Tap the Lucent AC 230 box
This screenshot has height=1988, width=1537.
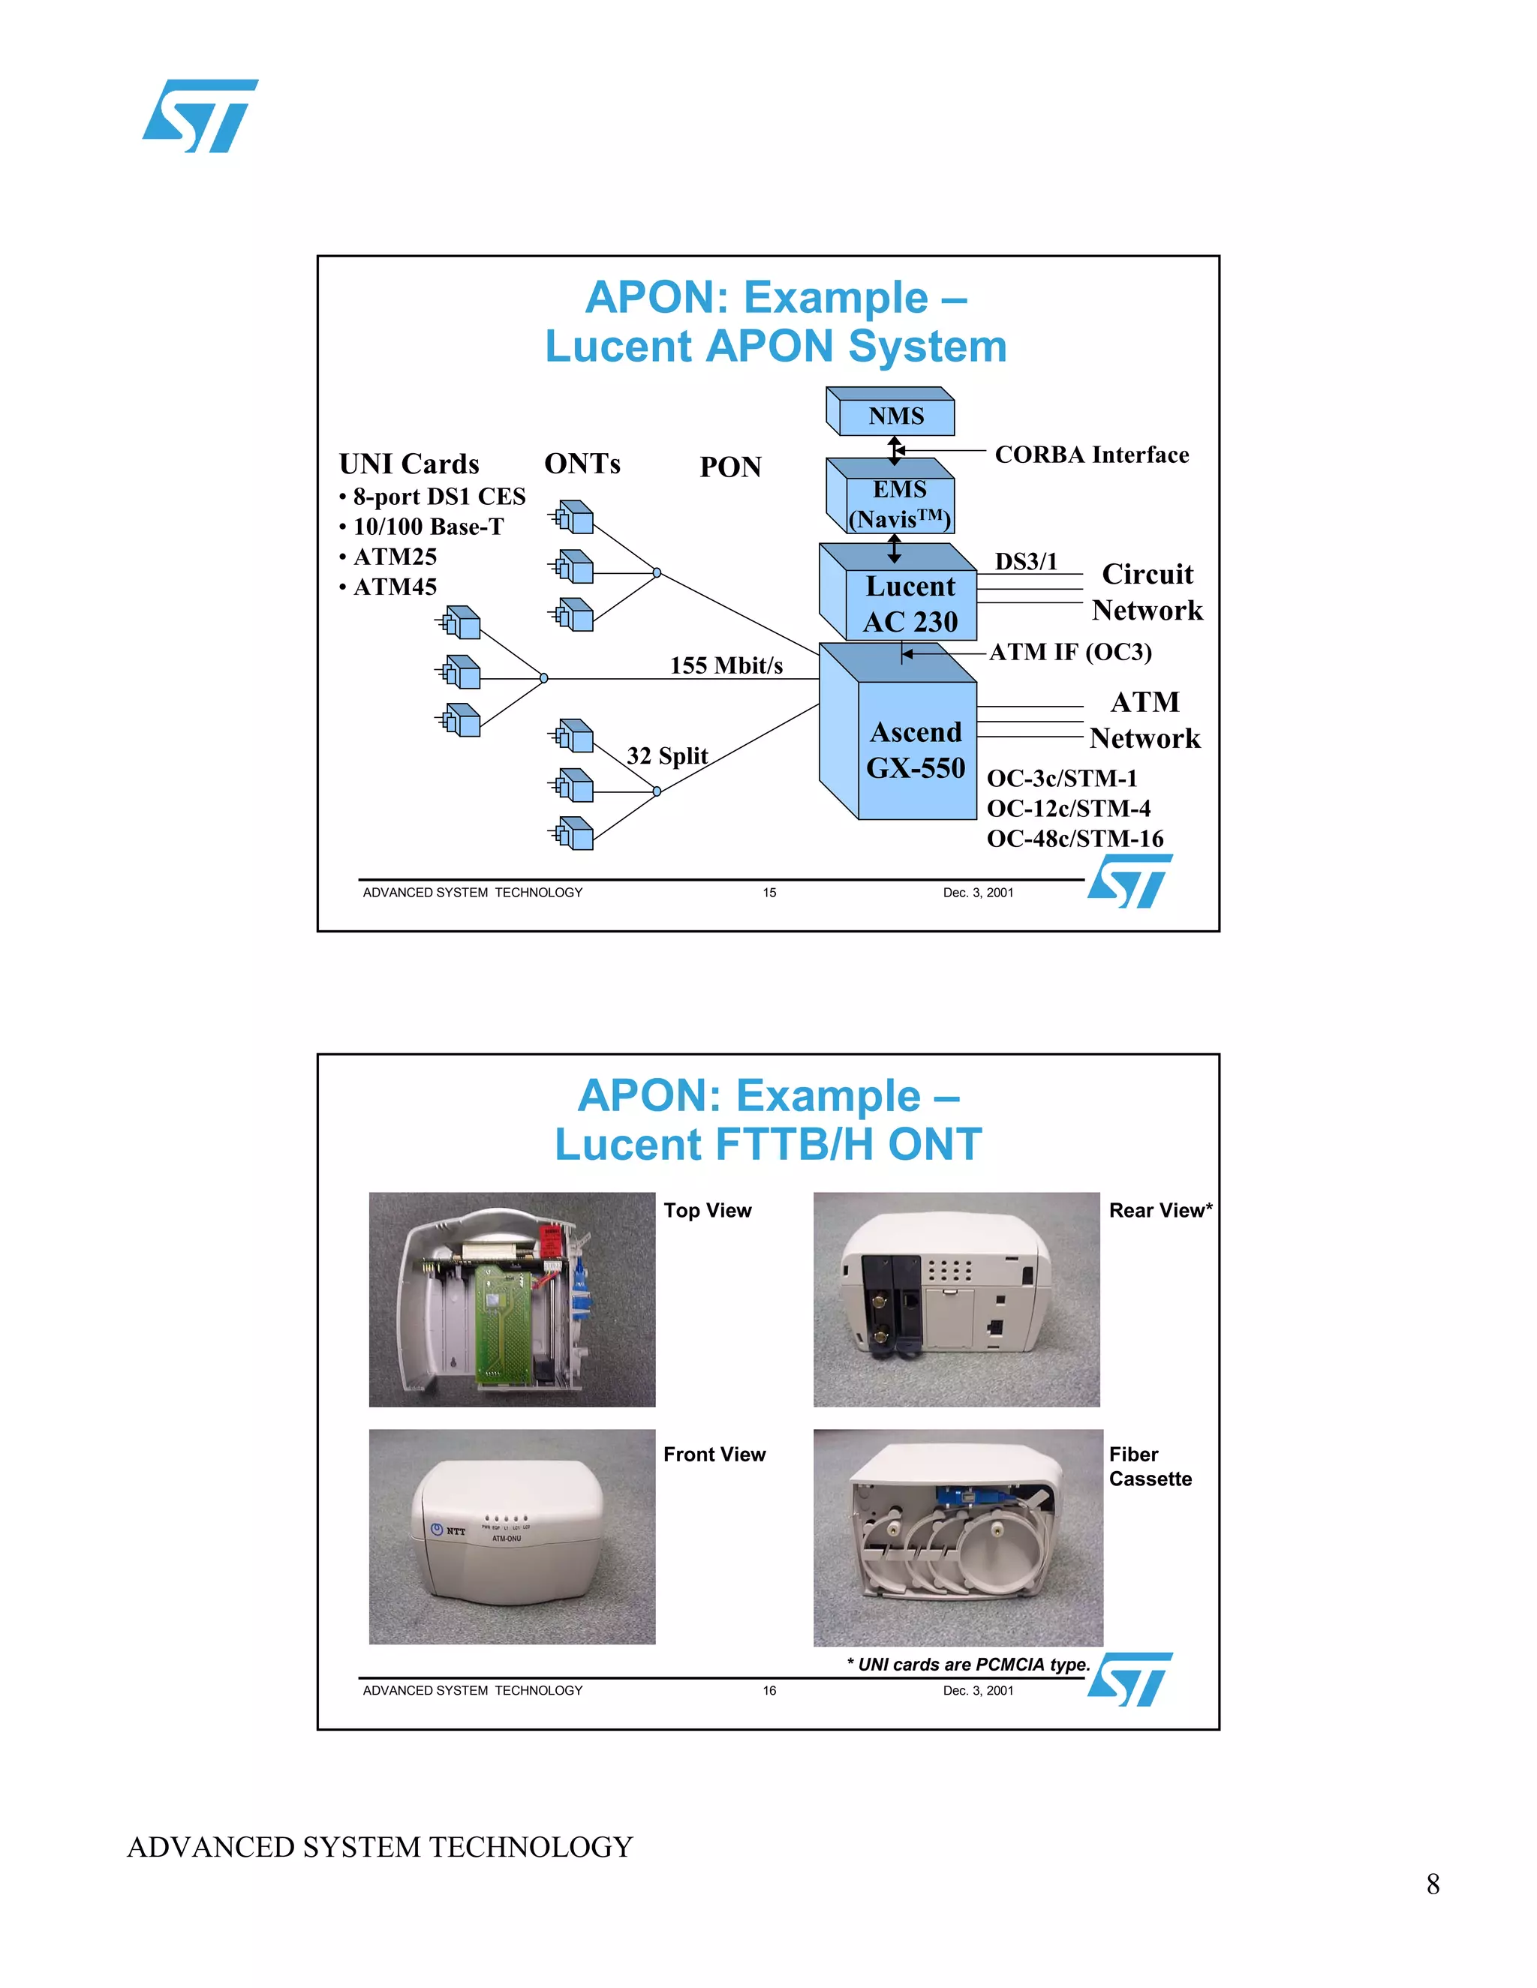click(x=910, y=603)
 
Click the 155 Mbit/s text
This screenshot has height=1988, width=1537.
click(x=726, y=665)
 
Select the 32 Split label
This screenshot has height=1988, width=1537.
click(x=666, y=755)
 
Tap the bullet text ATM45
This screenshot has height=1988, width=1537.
click(x=394, y=587)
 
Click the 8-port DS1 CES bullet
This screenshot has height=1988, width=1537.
click(x=438, y=496)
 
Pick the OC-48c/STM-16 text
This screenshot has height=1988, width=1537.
click(x=1075, y=839)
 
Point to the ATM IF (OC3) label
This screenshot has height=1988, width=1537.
click(x=1070, y=652)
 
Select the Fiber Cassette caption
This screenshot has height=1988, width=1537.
click(x=1149, y=1466)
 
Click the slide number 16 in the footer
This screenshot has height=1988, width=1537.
click(x=769, y=1690)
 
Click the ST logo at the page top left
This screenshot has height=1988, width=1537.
click(x=200, y=116)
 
